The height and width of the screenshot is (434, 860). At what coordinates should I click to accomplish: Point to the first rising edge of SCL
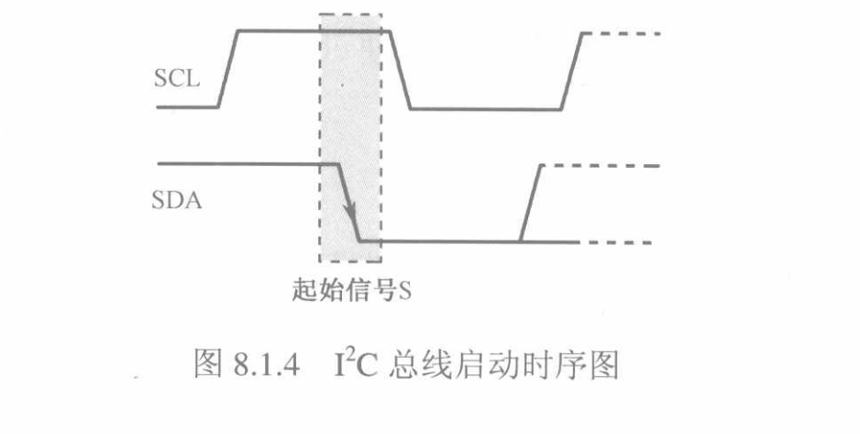pyautogui.click(x=229, y=69)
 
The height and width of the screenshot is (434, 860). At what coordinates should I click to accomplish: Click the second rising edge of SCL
pyautogui.click(x=571, y=71)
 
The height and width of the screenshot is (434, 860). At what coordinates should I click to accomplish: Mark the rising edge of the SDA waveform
pyautogui.click(x=531, y=203)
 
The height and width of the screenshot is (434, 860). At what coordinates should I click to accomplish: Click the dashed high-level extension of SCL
pyautogui.click(x=623, y=33)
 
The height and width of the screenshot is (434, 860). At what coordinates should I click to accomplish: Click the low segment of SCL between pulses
pyautogui.click(x=484, y=109)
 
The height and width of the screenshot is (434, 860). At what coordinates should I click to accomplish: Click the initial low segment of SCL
pyautogui.click(x=188, y=107)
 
